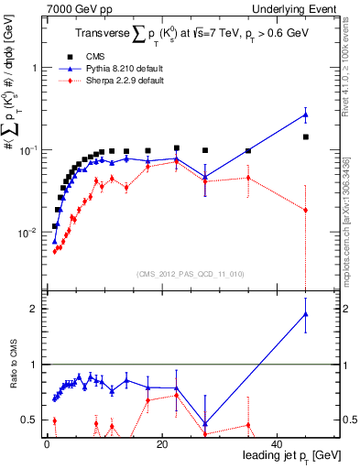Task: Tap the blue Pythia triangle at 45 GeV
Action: (305, 115)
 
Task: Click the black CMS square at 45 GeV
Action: (305, 136)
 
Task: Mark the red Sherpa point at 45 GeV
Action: (305, 210)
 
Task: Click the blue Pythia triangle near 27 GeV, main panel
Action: (205, 177)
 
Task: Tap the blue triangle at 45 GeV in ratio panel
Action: (305, 314)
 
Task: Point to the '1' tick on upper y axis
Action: (34, 69)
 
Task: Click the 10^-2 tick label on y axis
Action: (27, 233)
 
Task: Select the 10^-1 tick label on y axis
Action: (27, 150)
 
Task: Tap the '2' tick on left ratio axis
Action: (34, 309)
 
